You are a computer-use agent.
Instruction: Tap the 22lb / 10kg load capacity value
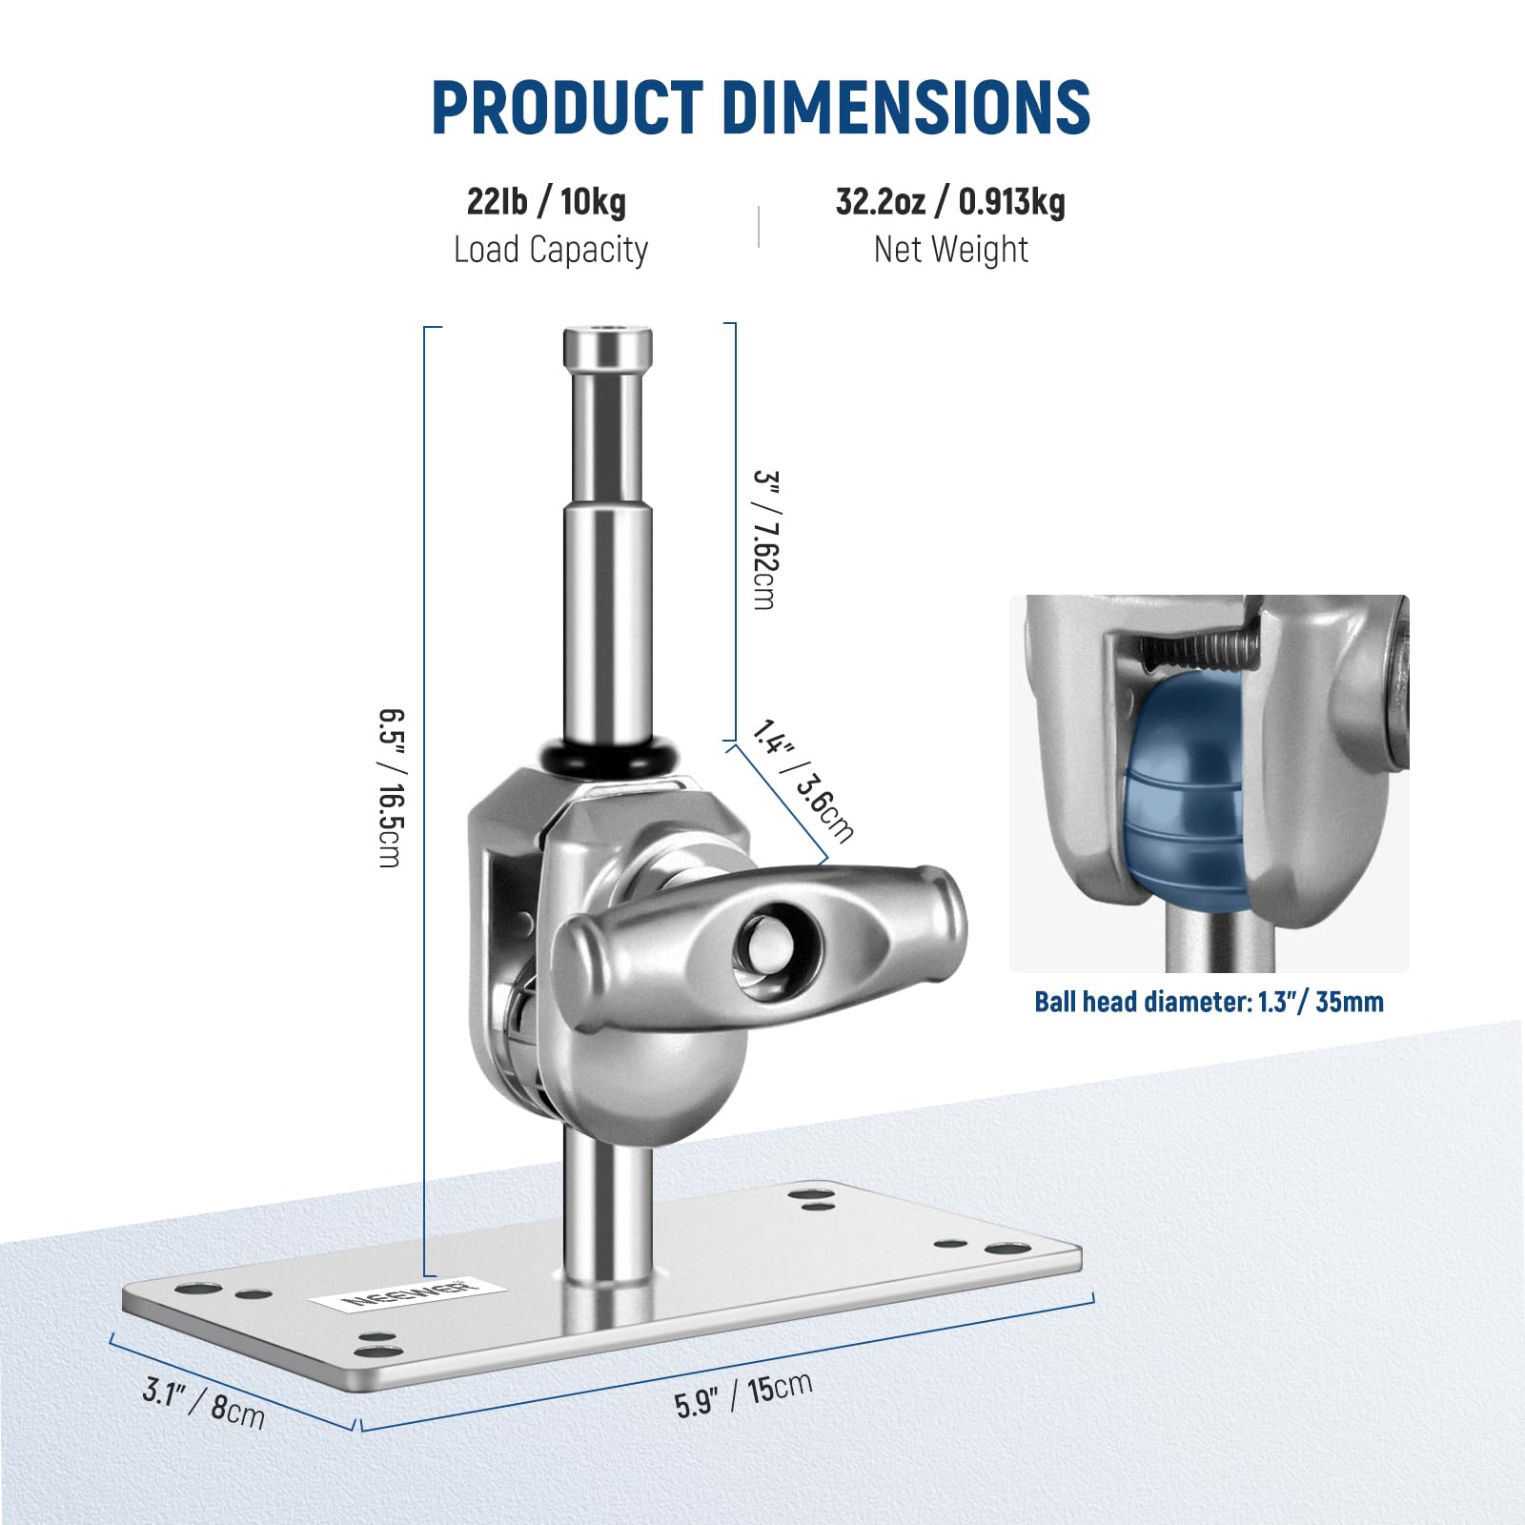(546, 202)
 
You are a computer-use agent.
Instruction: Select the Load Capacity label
(550, 250)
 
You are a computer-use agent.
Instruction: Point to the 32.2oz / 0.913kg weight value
(950, 202)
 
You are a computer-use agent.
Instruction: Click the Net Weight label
(950, 250)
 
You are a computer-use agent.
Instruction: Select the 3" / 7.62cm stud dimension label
(765, 539)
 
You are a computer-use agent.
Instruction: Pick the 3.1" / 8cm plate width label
(203, 1402)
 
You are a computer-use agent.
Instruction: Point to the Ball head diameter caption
(1209, 1002)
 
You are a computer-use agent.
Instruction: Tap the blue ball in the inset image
(1187, 791)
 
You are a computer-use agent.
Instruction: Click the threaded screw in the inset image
(1201, 651)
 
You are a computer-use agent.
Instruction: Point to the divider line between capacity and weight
(759, 227)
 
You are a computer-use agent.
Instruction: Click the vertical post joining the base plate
(607, 1210)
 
